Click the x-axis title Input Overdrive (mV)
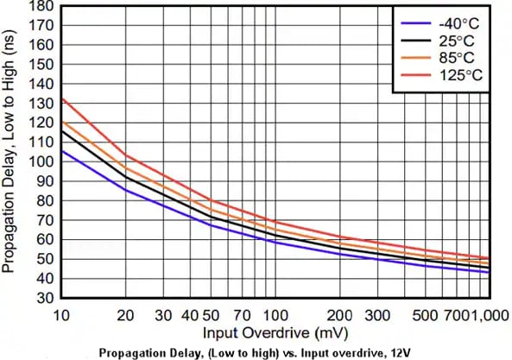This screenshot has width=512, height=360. [264, 332]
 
